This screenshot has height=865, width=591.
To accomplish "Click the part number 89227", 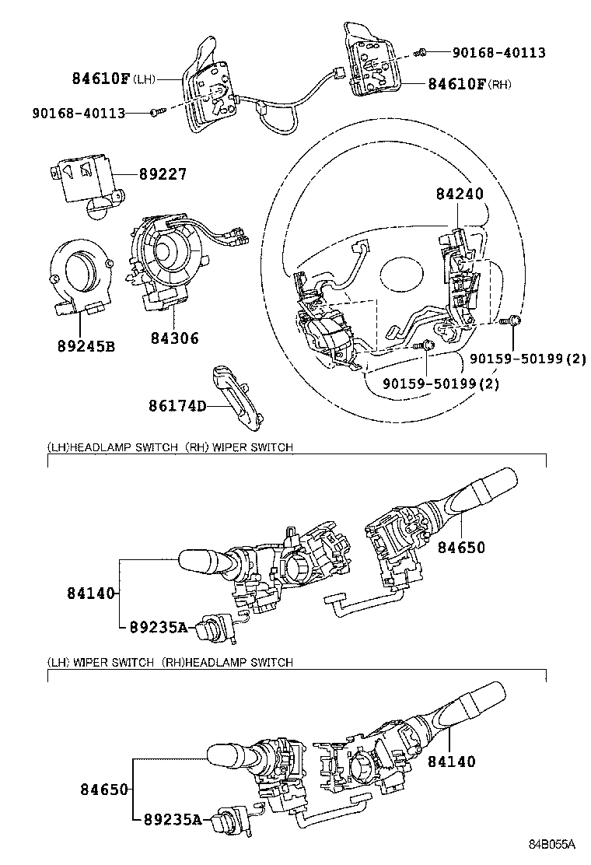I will (163, 174).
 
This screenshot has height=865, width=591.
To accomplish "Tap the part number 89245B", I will (85, 345).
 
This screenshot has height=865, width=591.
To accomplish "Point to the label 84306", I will (174, 338).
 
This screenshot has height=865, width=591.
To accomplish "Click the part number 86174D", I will (177, 405).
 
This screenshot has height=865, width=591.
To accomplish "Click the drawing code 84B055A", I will (552, 844).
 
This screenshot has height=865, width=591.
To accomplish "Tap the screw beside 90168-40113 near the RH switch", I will (421, 52).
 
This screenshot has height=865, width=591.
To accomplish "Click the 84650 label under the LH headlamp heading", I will (460, 548).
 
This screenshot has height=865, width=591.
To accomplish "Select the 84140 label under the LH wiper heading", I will (451, 762).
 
